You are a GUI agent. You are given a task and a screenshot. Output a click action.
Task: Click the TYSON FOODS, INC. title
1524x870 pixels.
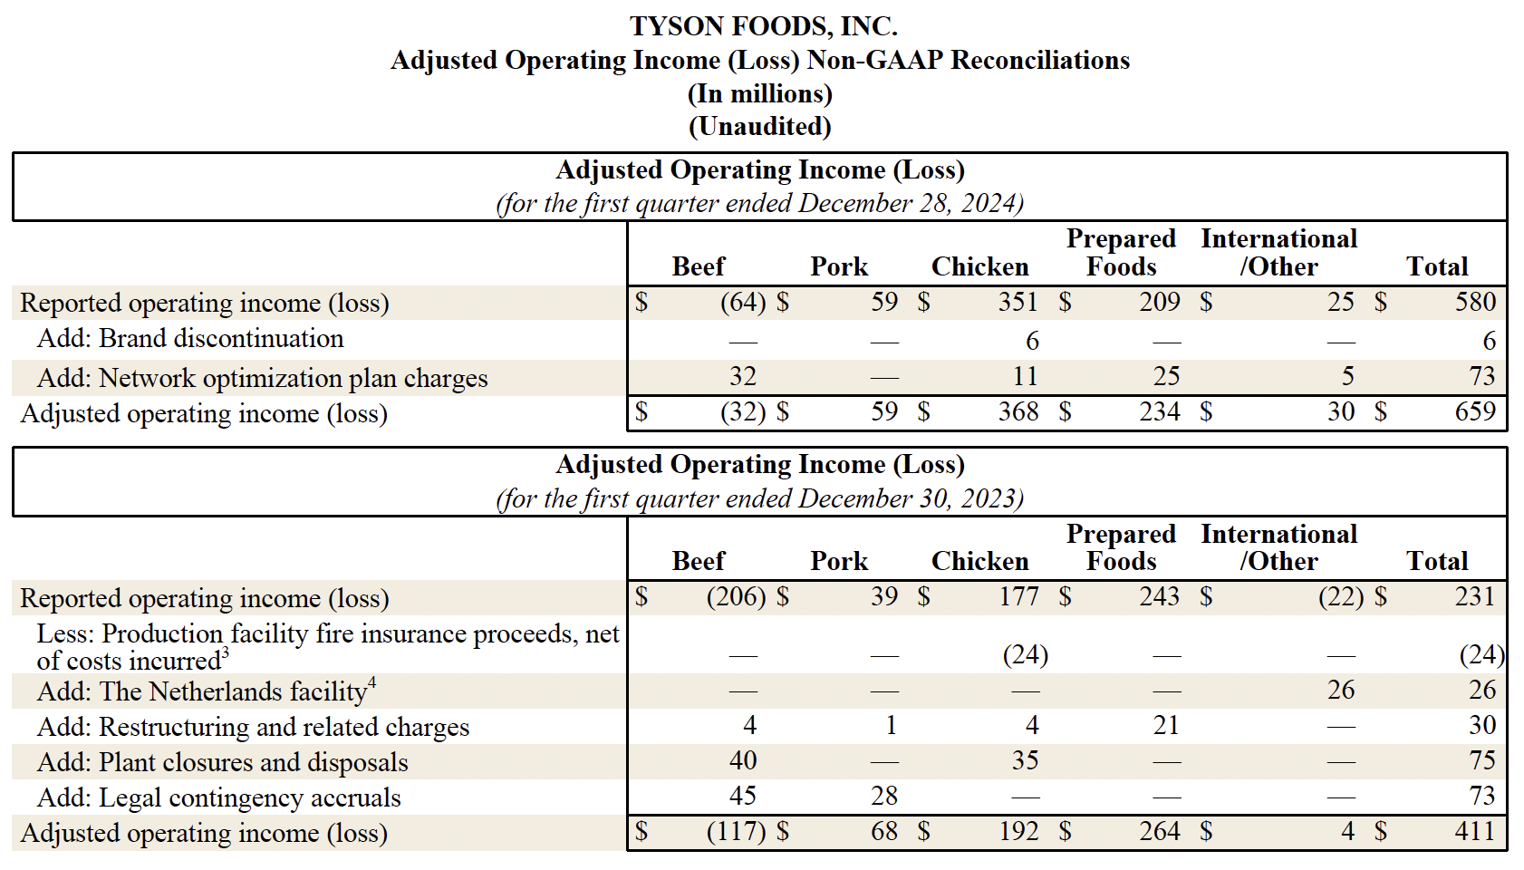763,26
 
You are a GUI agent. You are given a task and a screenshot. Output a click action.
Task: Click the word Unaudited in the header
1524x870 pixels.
760,126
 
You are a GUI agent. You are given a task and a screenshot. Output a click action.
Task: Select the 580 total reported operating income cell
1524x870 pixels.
1475,302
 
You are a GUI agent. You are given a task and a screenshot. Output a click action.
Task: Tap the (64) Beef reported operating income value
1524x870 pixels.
743,302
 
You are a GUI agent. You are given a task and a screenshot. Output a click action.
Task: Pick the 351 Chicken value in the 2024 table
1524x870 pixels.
1018,302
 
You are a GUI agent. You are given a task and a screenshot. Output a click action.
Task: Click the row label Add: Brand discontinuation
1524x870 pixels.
190,339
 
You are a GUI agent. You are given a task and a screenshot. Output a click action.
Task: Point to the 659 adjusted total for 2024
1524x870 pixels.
1475,412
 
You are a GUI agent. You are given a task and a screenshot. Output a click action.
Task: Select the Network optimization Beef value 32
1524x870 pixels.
743,377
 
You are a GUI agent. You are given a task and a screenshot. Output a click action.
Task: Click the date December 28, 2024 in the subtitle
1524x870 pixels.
911,204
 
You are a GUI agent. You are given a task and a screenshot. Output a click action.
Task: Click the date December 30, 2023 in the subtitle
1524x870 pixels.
911,499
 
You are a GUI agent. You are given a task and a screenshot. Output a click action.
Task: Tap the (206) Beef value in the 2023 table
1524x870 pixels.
736,597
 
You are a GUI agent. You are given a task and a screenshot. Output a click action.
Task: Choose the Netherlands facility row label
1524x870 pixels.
205,692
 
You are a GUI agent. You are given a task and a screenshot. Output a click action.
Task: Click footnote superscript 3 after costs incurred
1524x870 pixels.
226,653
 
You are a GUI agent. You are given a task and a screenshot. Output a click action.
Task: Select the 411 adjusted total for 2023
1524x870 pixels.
1475,832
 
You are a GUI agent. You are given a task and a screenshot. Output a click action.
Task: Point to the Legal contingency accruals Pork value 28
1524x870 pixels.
884,797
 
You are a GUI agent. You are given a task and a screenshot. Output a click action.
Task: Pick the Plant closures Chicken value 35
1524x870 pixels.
1025,761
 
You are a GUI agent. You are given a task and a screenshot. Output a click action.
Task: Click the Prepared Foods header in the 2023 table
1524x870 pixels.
1121,547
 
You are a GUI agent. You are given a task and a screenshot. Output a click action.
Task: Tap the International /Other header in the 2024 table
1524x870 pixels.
1278,253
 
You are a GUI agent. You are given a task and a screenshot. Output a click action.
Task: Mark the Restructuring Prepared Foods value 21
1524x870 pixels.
1166,726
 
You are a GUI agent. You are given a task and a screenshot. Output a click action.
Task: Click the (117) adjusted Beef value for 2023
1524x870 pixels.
736,832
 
